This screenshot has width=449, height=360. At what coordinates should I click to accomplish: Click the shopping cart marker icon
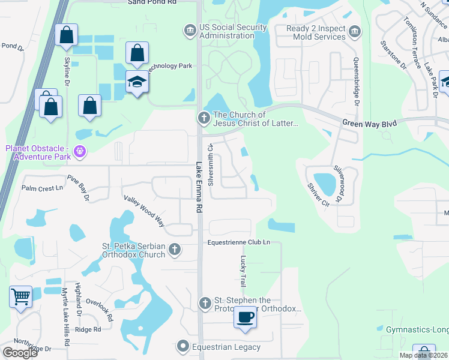point(21,296)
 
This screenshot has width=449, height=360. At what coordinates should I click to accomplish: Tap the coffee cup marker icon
point(245,316)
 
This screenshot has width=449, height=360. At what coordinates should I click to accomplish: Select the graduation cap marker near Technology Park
point(137,82)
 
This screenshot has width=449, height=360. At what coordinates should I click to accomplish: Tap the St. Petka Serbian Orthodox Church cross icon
point(174,249)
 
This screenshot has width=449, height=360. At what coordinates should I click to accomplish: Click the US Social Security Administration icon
point(190,29)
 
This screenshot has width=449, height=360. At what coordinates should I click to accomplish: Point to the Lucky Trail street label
point(244,271)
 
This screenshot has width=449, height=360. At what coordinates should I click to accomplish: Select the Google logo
point(20,352)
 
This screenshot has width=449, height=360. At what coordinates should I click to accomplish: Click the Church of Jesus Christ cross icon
point(203,119)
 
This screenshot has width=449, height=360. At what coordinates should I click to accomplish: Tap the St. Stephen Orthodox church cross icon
point(205,304)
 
